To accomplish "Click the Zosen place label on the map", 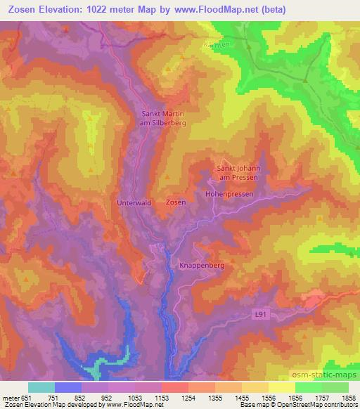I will (x=176, y=202).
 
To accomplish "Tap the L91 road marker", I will (x=260, y=317).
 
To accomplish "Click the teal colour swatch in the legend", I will (x=41, y=387).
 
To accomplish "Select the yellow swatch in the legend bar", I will (x=282, y=387).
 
